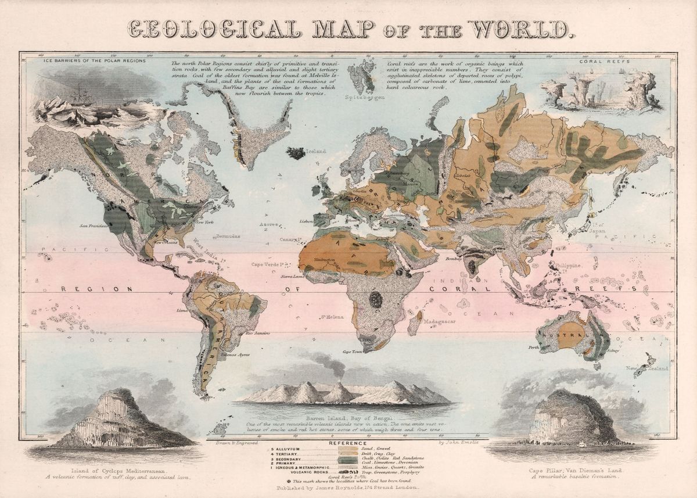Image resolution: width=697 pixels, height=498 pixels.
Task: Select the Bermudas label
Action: (x=226, y=237)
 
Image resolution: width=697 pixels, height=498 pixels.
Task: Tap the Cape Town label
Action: (x=353, y=352)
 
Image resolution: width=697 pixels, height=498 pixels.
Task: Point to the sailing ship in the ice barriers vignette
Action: (x=81, y=95)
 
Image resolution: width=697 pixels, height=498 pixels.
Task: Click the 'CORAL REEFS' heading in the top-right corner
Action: (x=601, y=60)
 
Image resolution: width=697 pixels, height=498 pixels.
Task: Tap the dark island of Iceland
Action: (x=297, y=153)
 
